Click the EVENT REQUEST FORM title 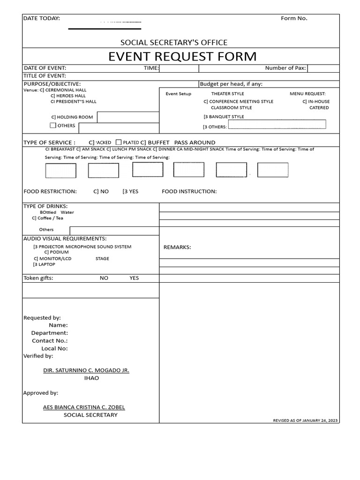182,57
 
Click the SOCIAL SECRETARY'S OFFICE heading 180,43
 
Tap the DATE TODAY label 42,18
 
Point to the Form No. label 294,18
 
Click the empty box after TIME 179,68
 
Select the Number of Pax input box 323,68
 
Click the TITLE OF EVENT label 45,76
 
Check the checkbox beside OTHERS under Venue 53,126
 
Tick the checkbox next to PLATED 119,142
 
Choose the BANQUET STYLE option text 226,117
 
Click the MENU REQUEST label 307,94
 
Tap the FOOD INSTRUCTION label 189,191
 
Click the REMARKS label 177,247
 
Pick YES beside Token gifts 134,278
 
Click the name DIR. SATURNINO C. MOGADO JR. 86,370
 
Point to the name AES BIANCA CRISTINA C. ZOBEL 84,407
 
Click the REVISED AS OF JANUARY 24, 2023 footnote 305,420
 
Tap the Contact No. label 50,341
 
